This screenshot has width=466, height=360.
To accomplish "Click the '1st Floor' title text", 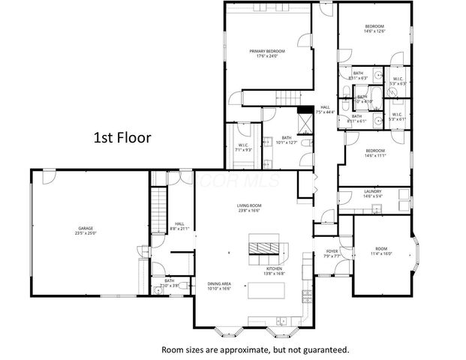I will tap(122, 138).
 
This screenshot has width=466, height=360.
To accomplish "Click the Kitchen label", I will tap(274, 271).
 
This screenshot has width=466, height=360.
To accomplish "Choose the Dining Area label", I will tap(220, 286).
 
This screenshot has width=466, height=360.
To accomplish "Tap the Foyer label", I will tap(332, 253).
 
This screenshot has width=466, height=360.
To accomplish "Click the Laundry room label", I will tap(373, 193).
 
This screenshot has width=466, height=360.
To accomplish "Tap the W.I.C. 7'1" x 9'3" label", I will tap(243, 147).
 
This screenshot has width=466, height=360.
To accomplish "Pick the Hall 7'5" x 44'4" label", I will tap(326, 110).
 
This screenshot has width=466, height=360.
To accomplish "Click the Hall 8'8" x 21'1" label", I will tap(180, 226).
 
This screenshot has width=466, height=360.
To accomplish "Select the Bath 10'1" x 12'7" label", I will tap(287, 140).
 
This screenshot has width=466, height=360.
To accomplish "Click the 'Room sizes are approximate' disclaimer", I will tap(255, 349).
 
